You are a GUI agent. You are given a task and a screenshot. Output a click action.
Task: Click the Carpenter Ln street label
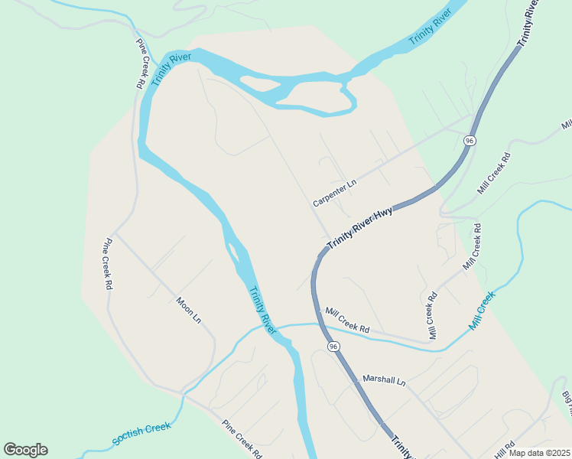point(335,194)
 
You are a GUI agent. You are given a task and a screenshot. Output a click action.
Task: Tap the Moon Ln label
point(188,308)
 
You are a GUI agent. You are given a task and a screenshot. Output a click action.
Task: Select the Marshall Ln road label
point(384,380)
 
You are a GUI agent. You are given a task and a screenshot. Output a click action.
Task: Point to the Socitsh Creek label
point(141,434)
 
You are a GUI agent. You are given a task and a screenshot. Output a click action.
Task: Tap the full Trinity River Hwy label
point(359,228)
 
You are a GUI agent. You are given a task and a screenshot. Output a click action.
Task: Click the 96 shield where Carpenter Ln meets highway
point(470,141)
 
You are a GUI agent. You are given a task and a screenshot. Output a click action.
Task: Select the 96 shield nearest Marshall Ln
point(333,347)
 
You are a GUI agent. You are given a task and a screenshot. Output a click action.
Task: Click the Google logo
point(25,450)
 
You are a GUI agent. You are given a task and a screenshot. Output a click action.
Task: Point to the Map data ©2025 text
point(539,453)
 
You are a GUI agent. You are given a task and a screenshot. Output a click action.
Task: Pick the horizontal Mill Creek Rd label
point(347,321)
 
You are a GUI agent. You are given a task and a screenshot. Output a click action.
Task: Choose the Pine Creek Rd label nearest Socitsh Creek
point(242,438)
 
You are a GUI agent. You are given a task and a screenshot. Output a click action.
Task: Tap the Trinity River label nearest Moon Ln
point(262,310)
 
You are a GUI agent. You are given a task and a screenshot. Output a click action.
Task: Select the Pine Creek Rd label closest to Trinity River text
point(141,63)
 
